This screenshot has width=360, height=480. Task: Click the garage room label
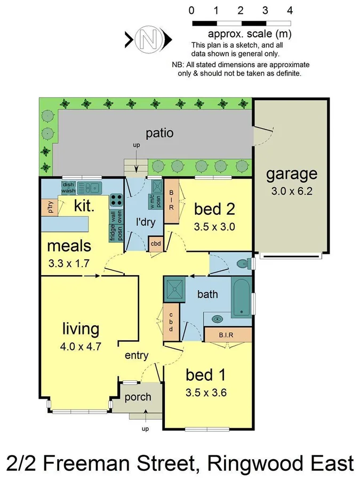tap(291, 174)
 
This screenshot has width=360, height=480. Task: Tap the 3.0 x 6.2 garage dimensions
tap(291, 191)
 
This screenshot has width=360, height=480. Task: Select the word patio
tap(159, 133)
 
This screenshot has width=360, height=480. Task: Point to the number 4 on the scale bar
tap(290, 10)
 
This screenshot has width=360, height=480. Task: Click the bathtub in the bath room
tap(242, 297)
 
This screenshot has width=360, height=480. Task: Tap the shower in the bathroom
tap(174, 289)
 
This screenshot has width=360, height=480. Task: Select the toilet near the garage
tap(244, 263)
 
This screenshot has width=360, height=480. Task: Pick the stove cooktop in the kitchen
tap(116, 201)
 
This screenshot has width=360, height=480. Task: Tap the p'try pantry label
tap(51, 207)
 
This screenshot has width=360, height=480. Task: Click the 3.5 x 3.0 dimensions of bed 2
tap(214, 226)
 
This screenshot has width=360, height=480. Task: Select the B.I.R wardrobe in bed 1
tap(228, 334)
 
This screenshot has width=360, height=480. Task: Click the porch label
tap(138, 397)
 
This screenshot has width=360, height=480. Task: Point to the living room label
tap(81, 329)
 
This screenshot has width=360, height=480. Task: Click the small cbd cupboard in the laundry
tap(156, 243)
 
